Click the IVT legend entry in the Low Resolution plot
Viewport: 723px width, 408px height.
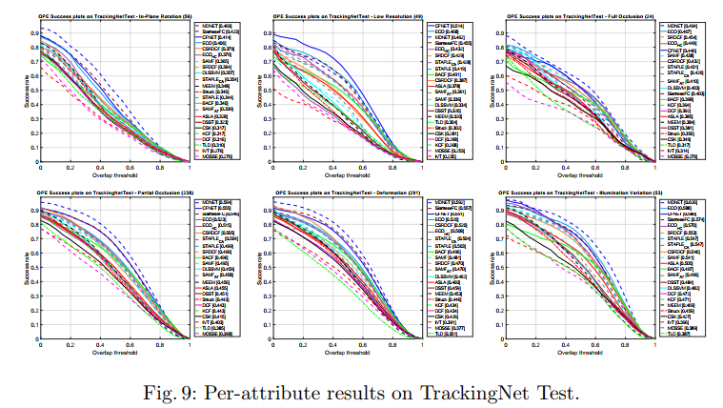tap(445, 150)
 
